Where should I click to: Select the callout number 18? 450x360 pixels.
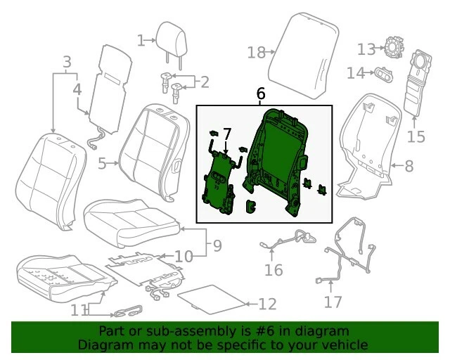(x=255, y=52)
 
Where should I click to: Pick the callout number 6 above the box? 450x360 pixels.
(x=261, y=94)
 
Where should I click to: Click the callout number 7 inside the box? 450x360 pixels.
(x=226, y=133)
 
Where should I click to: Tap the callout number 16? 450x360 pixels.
(x=273, y=270)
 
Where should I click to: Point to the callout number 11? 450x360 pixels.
(x=80, y=309)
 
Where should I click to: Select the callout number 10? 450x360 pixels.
(x=184, y=257)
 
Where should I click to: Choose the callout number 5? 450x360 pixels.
(x=102, y=165)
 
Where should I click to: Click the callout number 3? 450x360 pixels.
(x=67, y=62)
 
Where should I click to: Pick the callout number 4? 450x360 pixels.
(x=77, y=89)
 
